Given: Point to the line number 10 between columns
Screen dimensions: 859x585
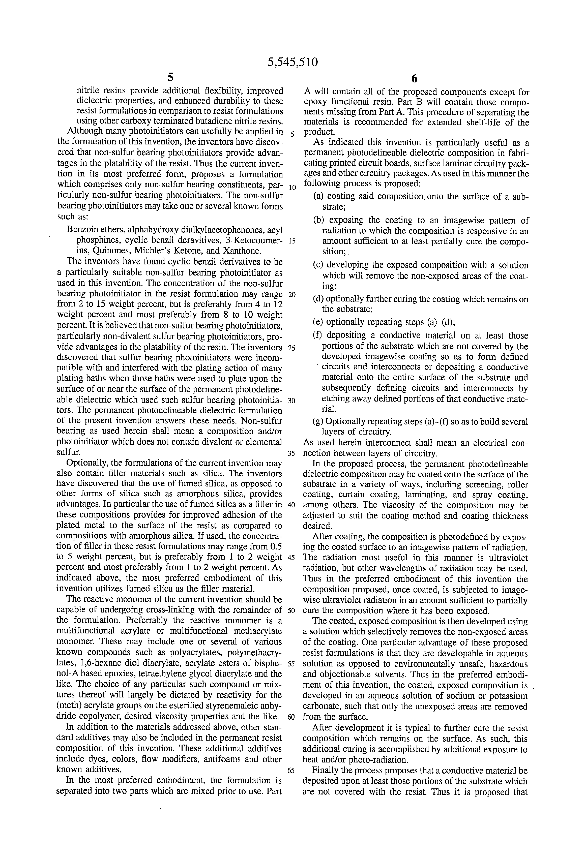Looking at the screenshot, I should (x=292, y=187).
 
